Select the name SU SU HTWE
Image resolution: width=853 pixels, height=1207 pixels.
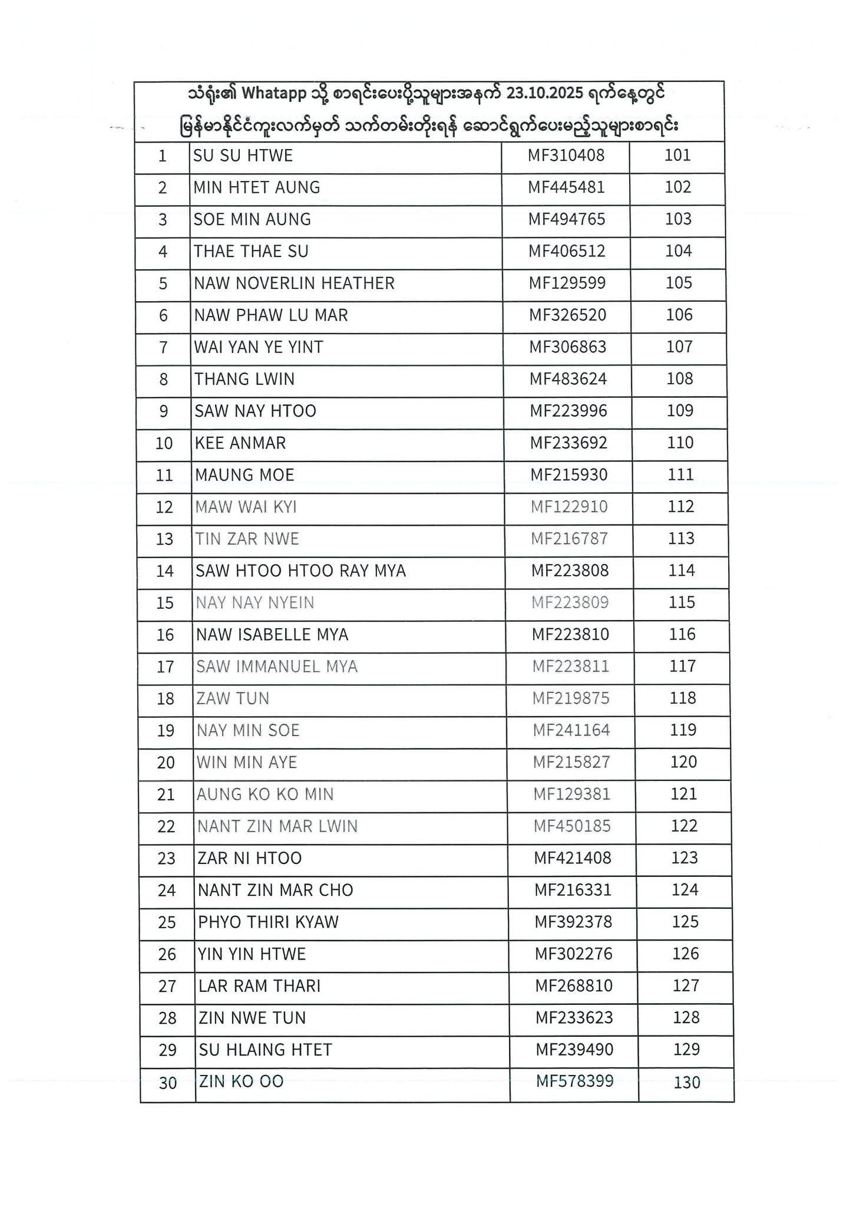click(243, 156)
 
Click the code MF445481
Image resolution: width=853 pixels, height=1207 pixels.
click(566, 187)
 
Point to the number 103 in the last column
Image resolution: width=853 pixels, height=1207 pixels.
click(678, 219)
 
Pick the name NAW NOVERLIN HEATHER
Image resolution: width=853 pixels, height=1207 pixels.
click(294, 283)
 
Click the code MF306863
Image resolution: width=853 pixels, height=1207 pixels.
click(567, 347)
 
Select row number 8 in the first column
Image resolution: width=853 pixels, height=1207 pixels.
click(164, 380)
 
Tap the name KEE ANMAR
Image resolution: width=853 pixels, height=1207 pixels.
click(240, 443)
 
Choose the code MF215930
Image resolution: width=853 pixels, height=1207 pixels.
click(568, 475)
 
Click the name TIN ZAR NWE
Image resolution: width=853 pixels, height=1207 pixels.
click(247, 539)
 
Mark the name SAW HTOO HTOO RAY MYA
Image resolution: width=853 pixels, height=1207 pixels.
click(301, 571)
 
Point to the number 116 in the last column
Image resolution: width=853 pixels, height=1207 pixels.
click(682, 635)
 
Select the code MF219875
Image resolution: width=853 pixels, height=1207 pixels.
click(571, 699)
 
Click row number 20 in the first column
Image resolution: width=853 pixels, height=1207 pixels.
click(166, 763)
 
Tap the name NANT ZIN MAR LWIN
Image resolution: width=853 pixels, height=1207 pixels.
click(277, 826)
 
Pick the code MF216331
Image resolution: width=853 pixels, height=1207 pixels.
click(573, 890)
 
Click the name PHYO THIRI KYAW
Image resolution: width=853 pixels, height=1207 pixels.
click(269, 922)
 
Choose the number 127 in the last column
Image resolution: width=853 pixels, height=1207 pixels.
click(686, 986)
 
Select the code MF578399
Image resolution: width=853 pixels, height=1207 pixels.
click(574, 1081)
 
